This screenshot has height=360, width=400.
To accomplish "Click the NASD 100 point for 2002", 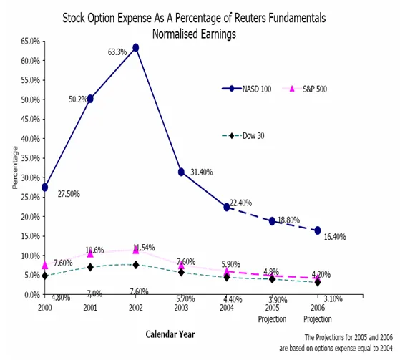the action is pyautogui.click(x=136, y=48).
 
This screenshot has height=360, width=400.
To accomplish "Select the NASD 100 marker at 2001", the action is pyautogui.click(x=90, y=99).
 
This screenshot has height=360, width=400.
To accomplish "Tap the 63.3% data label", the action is pyautogui.click(x=117, y=52).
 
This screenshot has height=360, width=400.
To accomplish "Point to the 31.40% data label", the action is pyautogui.click(x=202, y=172).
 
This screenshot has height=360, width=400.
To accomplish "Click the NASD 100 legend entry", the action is pyautogui.click(x=246, y=89).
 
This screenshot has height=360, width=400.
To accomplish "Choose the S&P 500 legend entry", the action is pyautogui.click(x=305, y=89).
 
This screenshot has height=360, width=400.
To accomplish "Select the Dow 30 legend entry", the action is pyautogui.click(x=243, y=136).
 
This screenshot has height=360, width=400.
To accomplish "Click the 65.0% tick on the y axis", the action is pyautogui.click(x=31, y=41).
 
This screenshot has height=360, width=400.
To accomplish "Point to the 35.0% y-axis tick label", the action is pyautogui.click(x=31, y=158).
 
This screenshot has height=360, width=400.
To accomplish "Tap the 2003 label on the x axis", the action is pyautogui.click(x=181, y=308).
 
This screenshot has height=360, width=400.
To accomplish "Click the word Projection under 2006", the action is pyautogui.click(x=318, y=319).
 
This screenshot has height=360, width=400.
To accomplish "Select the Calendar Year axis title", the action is pyautogui.click(x=170, y=334).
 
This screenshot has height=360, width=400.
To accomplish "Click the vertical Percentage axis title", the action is pyautogui.click(x=15, y=167).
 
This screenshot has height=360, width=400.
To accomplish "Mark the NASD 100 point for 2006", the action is pyautogui.click(x=318, y=230).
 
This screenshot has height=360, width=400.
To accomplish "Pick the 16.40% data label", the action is pyautogui.click(x=335, y=237).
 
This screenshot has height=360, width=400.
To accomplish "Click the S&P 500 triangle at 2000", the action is pyautogui.click(x=45, y=266).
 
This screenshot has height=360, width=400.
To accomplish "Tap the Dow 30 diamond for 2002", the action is pyautogui.click(x=136, y=265).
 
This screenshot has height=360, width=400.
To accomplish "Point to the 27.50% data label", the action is pyautogui.click(x=69, y=194).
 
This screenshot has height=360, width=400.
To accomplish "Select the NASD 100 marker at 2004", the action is pyautogui.click(x=227, y=207).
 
